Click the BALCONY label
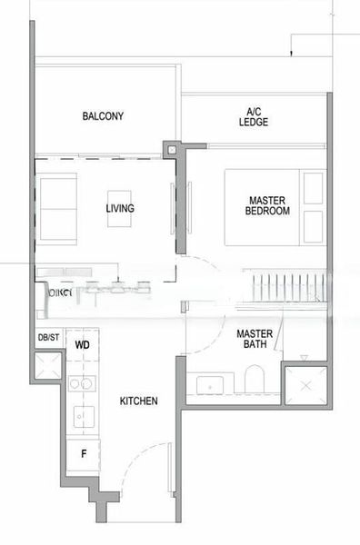pos(103,116)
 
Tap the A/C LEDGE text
pos(254,116)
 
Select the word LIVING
pos(120,209)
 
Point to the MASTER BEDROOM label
pos(267,205)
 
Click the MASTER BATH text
pos(255,339)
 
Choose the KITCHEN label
pos(138,401)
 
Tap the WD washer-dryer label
pos(82,346)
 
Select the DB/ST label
pos(48,339)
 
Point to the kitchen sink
pos(81,417)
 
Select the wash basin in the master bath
pos(210,385)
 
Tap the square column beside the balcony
pos(170,149)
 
